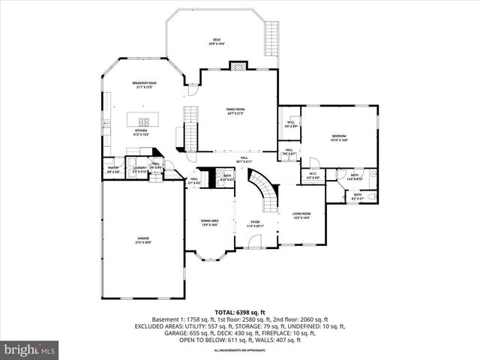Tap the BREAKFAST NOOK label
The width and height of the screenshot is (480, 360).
coord(145,85)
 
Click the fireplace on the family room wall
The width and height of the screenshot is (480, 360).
coord(238,66)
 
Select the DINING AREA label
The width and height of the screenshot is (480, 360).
coord(210,222)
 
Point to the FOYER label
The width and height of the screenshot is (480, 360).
coord(256,223)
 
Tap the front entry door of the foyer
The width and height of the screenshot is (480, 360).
coord(255,242)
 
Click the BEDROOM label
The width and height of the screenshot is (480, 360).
coord(340,137)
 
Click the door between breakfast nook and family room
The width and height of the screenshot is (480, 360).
coord(192,90)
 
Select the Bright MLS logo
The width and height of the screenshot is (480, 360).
coord(30,349)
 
